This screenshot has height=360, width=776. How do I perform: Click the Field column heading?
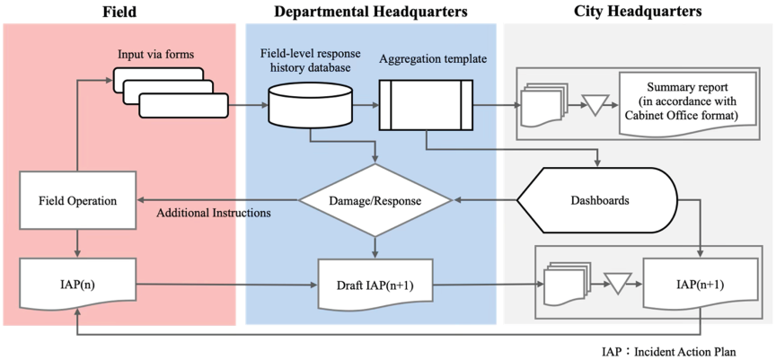(x=119, y=13)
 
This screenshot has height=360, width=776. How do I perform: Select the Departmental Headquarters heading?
(x=371, y=13)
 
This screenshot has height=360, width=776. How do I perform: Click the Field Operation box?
(x=77, y=201)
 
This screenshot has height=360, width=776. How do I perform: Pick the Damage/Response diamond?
(x=375, y=201)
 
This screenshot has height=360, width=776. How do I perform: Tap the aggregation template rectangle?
(x=426, y=105)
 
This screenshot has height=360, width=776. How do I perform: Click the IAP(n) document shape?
(x=77, y=284)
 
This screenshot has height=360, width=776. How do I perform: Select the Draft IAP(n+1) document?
(x=375, y=284)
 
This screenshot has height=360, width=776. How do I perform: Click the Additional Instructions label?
(x=213, y=214)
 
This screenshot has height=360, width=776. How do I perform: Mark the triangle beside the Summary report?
(x=593, y=105)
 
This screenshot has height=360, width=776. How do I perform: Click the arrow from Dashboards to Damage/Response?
(x=485, y=201)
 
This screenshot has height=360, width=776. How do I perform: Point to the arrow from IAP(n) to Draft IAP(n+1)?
(x=226, y=284)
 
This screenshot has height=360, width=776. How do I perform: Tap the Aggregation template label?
(x=434, y=60)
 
